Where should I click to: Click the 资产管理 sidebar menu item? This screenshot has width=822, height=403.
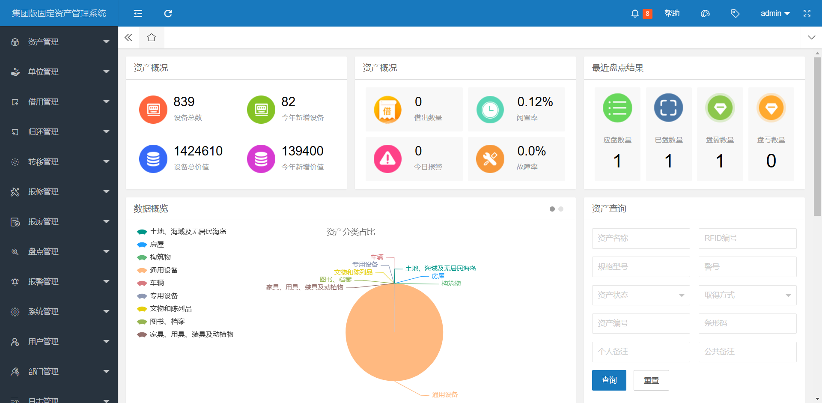[x=43, y=42]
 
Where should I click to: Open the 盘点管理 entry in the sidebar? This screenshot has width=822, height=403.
[x=43, y=252]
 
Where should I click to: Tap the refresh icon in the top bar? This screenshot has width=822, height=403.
[x=168, y=14]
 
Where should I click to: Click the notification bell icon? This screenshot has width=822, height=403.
[x=634, y=14]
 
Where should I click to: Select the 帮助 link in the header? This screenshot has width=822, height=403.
[x=672, y=13]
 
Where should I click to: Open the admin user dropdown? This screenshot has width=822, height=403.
[x=774, y=13]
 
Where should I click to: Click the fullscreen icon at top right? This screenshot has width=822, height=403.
[x=807, y=13]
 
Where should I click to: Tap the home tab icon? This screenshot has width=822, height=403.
[x=151, y=38]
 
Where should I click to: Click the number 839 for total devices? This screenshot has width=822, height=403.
[x=184, y=102]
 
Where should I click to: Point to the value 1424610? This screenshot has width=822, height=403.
[x=198, y=151]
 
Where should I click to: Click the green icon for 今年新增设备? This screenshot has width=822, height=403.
[x=261, y=110]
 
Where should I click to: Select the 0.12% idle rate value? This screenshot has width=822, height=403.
[x=535, y=102]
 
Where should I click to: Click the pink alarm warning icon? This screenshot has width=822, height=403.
[x=387, y=159]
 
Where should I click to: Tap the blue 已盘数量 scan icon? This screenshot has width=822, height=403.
[x=668, y=108]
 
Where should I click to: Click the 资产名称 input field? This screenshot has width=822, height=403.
[x=640, y=238]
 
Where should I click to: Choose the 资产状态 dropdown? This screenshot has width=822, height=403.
[x=640, y=295]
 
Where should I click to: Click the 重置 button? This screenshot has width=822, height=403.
[x=651, y=380]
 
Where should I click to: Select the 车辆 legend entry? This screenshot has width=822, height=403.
[x=157, y=283]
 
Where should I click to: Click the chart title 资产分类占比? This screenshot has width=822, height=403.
[x=351, y=232]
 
